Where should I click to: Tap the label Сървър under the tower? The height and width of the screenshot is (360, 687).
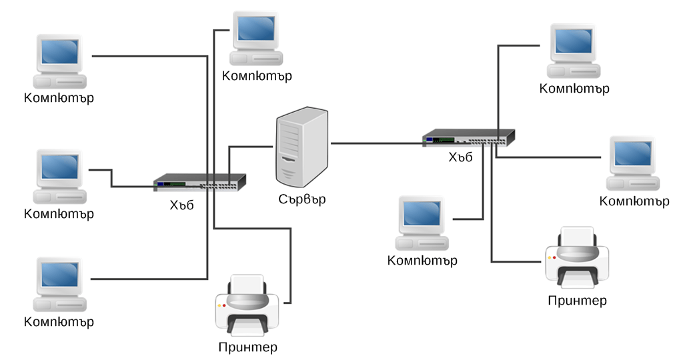point(302,199)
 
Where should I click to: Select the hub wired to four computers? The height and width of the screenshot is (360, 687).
point(199,181)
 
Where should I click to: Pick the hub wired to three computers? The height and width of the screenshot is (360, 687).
point(469,137)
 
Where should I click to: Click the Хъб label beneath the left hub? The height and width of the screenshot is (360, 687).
point(181,205)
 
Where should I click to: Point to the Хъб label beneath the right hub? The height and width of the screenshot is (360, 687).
point(460,157)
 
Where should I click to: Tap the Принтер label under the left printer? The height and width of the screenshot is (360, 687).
point(247,347)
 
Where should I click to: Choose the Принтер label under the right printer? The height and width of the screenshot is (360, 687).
point(577,301)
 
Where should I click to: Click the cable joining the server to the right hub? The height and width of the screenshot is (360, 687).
point(377,143)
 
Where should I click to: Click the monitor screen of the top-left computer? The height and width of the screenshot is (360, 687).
point(60,51)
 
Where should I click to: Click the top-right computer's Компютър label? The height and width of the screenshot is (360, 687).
point(574,89)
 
